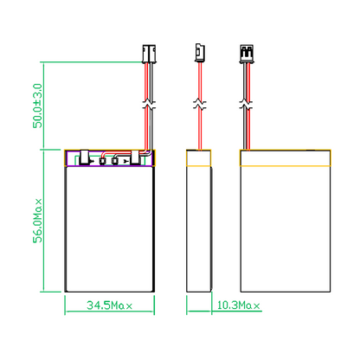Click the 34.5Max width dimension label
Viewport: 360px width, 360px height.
click(109, 305)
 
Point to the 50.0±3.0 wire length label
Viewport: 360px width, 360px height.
click(37, 106)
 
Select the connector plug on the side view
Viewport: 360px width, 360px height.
click(198, 53)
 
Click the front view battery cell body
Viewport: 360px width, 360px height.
click(109, 229)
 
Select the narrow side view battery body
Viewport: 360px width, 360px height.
click(200, 229)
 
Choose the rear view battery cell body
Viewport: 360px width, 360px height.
click(286, 229)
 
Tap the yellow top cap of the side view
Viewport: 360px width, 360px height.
click(200, 158)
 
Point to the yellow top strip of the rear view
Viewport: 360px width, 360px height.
click(286, 158)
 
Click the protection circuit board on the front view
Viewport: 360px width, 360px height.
click(109, 158)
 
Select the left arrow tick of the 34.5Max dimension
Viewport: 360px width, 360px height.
click(67, 305)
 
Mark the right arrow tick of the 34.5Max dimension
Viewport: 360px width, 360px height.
click(152, 305)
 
